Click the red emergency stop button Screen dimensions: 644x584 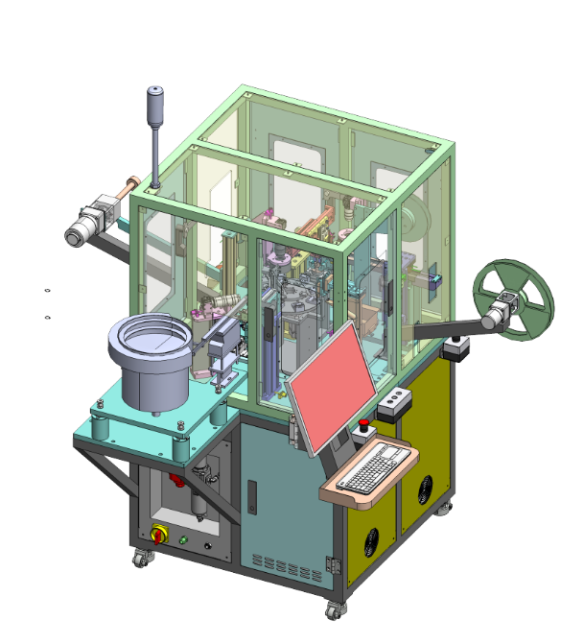(x=364, y=424)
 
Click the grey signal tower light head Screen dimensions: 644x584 (x=154, y=99)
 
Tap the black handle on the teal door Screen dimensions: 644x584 (x=252, y=498)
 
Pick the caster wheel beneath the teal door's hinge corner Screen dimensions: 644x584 (x=333, y=608)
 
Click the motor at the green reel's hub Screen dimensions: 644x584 (x=498, y=314)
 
